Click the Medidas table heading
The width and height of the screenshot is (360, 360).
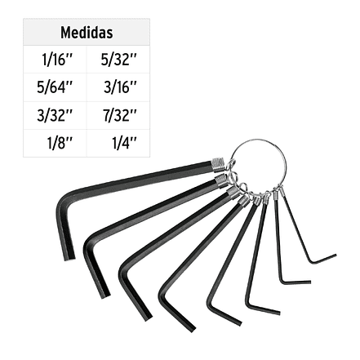(x=87, y=33)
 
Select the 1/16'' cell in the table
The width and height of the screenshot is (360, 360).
(x=57, y=60)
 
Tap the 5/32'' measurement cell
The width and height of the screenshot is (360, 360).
(x=118, y=60)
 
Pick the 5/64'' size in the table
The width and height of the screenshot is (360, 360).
(x=55, y=87)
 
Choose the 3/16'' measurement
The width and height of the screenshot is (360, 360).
(x=120, y=87)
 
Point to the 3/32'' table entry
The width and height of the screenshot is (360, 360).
(x=55, y=115)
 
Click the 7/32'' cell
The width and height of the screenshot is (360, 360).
(x=119, y=115)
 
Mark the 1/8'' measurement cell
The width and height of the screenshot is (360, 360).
(x=60, y=143)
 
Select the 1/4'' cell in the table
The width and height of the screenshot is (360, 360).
(x=124, y=143)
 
